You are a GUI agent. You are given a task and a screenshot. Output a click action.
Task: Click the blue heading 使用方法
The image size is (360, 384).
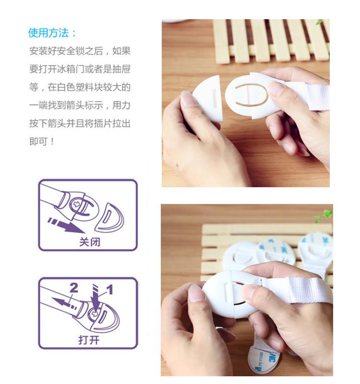[48, 33]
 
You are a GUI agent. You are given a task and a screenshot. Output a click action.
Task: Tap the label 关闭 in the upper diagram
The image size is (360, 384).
[90, 242]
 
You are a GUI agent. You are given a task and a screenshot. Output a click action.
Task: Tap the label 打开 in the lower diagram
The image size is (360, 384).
[89, 340]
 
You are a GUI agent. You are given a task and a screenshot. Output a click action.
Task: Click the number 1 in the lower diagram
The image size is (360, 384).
[110, 289]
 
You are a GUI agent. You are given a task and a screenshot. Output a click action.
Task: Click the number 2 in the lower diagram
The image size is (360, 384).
[74, 288]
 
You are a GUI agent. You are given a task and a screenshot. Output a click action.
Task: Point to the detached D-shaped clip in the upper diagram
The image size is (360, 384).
[109, 217]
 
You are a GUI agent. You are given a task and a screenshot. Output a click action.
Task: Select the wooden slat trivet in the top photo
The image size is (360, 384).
[271, 40]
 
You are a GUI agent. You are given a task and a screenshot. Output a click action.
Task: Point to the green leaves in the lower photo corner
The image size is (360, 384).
[323, 216]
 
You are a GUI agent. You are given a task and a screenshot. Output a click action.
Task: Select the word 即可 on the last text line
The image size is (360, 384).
[38, 142]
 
